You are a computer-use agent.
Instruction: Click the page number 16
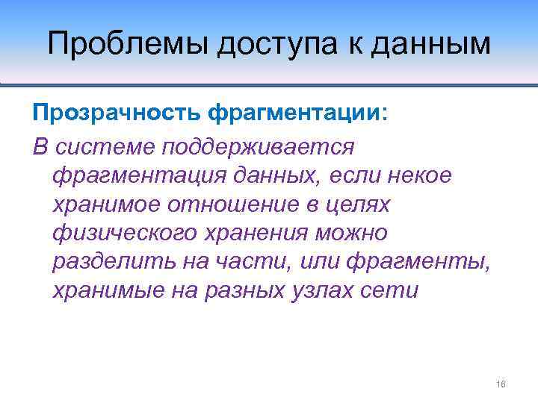(x=501, y=384)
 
